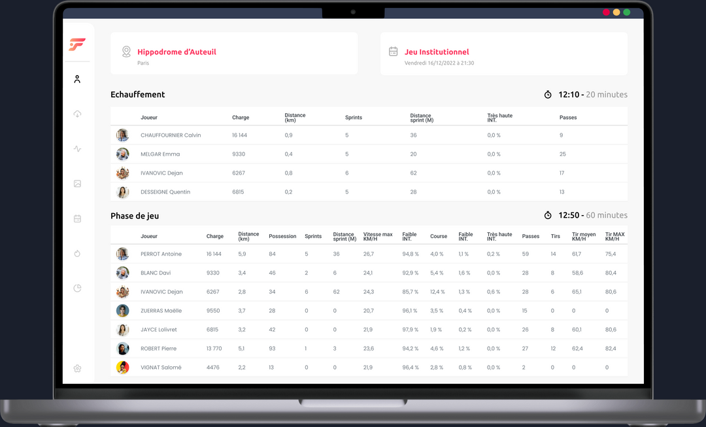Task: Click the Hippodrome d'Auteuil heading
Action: point(176,52)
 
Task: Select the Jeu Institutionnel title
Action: point(437,52)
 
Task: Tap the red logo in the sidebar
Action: point(77,44)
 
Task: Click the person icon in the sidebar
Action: point(77,79)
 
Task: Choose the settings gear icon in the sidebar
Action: point(77,368)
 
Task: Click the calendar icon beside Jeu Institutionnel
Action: point(394,51)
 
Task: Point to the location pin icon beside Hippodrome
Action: point(126,51)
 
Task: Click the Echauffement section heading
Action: point(138,94)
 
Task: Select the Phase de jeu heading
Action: point(135,216)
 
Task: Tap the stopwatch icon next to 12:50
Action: point(548,215)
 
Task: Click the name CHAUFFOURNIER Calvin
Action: point(171,135)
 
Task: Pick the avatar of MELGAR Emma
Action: point(122,154)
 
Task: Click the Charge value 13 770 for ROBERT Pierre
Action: point(214,349)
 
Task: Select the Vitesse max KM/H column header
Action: point(378,236)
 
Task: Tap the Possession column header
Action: point(282,236)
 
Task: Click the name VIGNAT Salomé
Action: point(161,367)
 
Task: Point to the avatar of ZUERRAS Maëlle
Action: point(122,311)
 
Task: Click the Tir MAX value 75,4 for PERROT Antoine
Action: point(611,254)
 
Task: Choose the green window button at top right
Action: point(626,12)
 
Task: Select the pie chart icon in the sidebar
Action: point(77,288)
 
